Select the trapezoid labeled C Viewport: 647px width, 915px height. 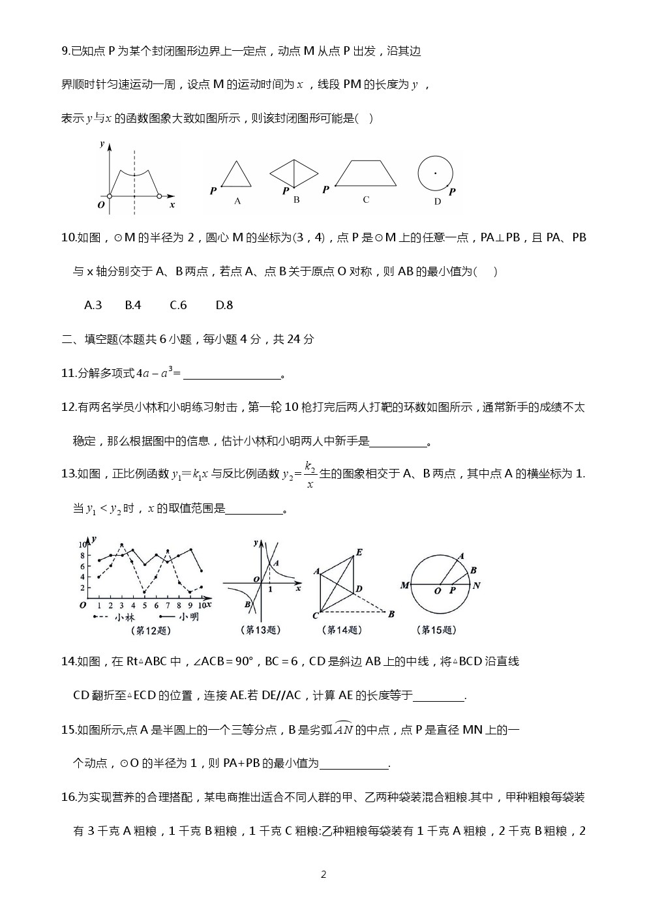(x=365, y=173)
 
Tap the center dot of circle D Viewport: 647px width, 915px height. (x=435, y=173)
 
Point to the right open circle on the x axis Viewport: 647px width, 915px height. (x=159, y=195)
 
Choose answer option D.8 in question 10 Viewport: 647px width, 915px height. (x=224, y=305)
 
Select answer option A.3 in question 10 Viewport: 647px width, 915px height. (x=93, y=305)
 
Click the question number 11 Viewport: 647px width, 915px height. (x=68, y=373)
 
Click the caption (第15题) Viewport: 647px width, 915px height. (x=436, y=630)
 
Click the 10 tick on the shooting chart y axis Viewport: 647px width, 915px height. (x=83, y=544)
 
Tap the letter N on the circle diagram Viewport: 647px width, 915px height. (x=477, y=586)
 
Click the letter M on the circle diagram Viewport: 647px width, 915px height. (x=404, y=586)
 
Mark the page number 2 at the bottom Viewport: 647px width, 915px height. (x=323, y=875)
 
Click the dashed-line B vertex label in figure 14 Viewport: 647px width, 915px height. (x=391, y=614)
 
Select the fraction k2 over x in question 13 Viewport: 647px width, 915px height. (x=310, y=475)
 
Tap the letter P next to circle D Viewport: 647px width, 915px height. (x=452, y=192)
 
